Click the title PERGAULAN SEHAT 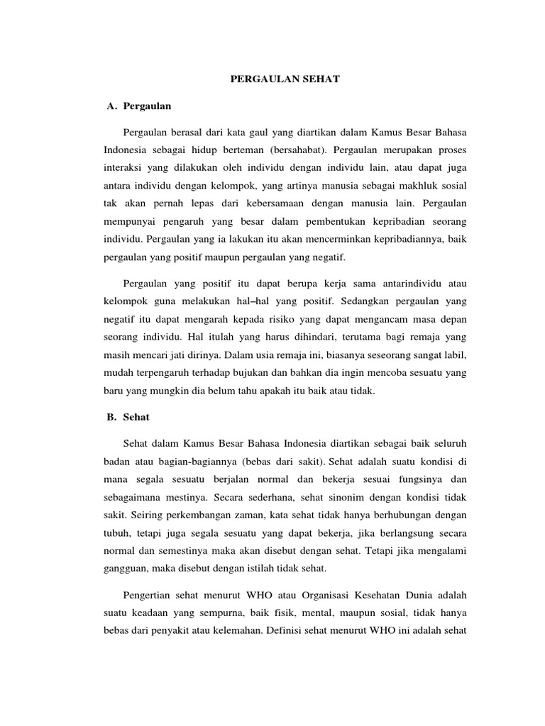pos(285,80)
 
